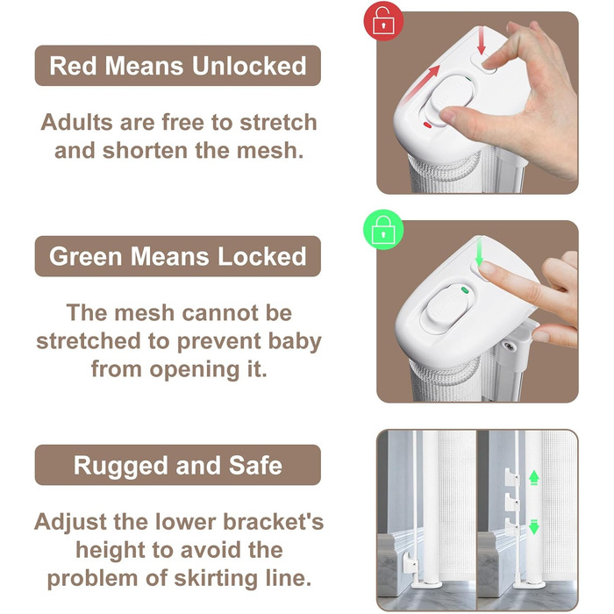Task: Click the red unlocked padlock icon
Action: (383, 21)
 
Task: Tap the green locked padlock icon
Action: (383, 230)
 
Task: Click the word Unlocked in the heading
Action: (249, 66)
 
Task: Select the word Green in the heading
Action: (85, 256)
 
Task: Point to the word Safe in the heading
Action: (255, 466)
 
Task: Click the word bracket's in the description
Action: (274, 522)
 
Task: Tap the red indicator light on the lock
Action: (428, 125)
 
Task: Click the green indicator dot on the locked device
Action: (465, 290)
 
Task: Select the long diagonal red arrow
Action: (421, 85)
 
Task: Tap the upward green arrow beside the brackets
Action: (534, 478)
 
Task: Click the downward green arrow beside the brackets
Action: (534, 526)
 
